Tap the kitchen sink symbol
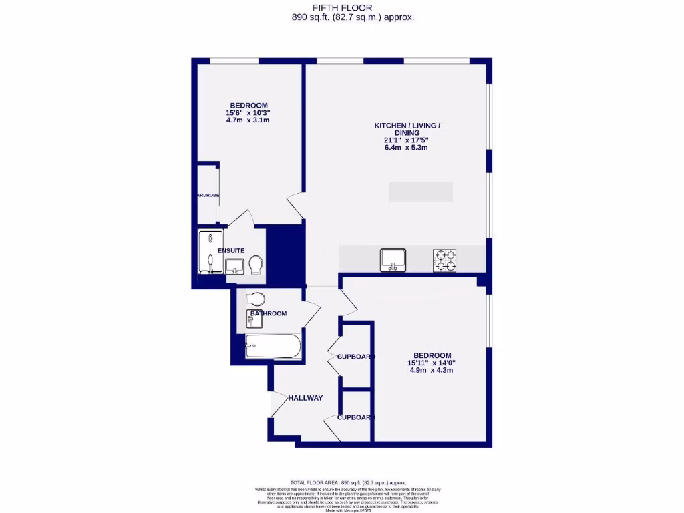pyautogui.click(x=393, y=260)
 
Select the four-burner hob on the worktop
pyautogui.click(x=445, y=261)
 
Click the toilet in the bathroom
pyautogui.click(x=256, y=298)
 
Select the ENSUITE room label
pyautogui.click(x=230, y=250)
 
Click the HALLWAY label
pyautogui.click(x=305, y=398)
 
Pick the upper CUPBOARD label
pyautogui.click(x=355, y=357)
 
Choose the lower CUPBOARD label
pyautogui.click(x=355, y=417)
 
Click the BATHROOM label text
pyautogui.click(x=269, y=313)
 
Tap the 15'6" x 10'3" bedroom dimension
pyautogui.click(x=248, y=113)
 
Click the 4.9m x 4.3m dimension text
pyautogui.click(x=432, y=370)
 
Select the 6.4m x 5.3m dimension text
pyautogui.click(x=405, y=148)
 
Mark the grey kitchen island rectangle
pyautogui.click(x=421, y=192)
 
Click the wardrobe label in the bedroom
pyautogui.click(x=208, y=195)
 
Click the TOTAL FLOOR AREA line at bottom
pyautogui.click(x=347, y=482)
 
